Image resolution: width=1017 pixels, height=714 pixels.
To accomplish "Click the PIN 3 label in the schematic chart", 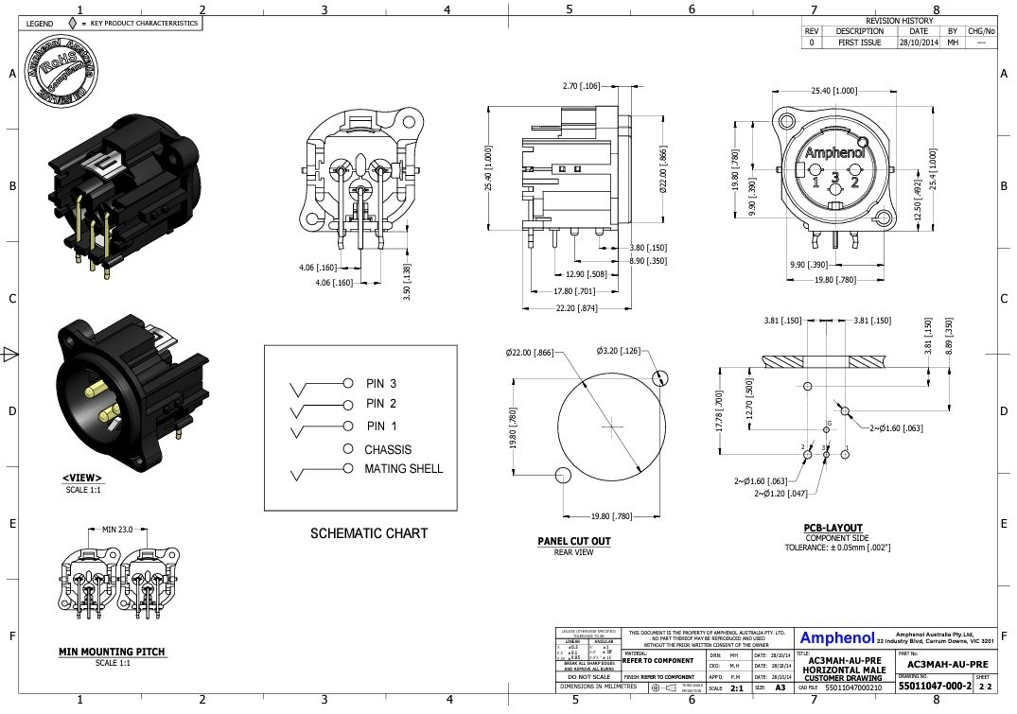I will [381, 383].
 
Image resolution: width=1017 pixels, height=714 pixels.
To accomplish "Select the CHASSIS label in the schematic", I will [388, 449].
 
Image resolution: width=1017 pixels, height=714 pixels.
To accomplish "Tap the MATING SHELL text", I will [403, 468].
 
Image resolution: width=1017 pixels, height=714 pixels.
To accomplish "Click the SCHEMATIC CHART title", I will [369, 533].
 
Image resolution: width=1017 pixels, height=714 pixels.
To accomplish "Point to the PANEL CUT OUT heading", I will [573, 542].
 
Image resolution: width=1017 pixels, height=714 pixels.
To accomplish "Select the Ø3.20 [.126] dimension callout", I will [618, 351].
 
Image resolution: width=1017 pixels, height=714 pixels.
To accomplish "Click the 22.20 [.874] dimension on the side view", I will [576, 308].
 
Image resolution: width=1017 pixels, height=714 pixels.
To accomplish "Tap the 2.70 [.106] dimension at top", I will [581, 86].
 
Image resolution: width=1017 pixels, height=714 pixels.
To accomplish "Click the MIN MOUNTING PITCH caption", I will [112, 652].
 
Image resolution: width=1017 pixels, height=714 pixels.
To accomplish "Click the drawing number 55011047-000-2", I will [934, 688].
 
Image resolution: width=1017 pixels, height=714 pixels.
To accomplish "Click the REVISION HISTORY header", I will [899, 20].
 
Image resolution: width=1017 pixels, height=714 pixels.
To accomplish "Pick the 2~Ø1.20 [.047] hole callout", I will [780, 494].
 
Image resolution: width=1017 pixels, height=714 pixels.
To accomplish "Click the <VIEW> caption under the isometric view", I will [82, 479].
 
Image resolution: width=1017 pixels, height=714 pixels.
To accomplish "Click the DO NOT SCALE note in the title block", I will [587, 677].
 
